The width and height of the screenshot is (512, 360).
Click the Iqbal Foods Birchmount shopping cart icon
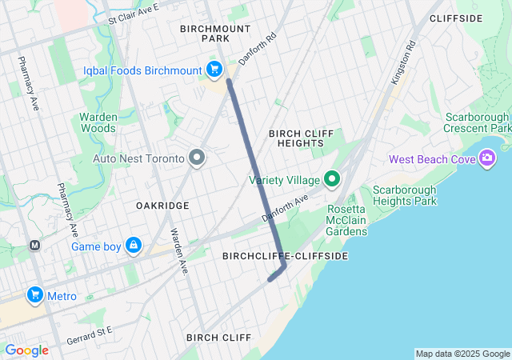coord(214,70)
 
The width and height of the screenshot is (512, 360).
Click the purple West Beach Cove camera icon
coord(486,159)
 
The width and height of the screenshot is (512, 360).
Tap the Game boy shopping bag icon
coord(134,246)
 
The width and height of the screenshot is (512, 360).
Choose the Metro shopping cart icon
coord(34,296)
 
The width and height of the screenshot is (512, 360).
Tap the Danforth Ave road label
coord(286,209)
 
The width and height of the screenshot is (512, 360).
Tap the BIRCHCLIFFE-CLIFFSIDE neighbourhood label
coord(285,256)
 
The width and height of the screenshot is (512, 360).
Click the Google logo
coord(26,350)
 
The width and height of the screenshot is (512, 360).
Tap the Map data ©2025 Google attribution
coord(462,354)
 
